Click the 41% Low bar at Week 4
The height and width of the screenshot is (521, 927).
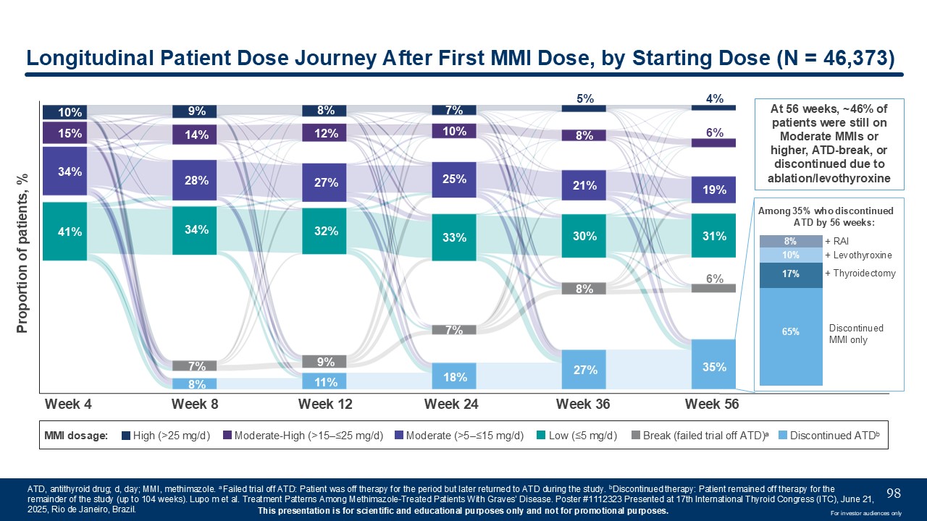(x=64, y=232)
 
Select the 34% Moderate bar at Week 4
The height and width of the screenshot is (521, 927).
(x=64, y=171)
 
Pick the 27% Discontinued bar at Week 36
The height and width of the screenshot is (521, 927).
(x=584, y=369)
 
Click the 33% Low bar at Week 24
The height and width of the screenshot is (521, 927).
(x=454, y=237)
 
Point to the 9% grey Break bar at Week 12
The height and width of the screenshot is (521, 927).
(x=324, y=361)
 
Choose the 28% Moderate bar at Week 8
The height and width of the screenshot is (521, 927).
(x=195, y=180)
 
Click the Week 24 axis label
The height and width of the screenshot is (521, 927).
(x=452, y=404)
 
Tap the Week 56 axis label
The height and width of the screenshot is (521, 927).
(x=712, y=404)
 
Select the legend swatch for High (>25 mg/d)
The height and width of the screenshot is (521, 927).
(x=126, y=436)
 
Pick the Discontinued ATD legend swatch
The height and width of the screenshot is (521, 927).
(x=782, y=436)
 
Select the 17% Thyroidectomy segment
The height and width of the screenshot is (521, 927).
(x=791, y=274)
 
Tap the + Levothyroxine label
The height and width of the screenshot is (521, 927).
(x=858, y=255)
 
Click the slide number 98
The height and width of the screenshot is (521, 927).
(x=894, y=494)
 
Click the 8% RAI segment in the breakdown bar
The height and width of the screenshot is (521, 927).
(x=791, y=241)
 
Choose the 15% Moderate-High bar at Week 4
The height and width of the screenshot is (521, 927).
(x=64, y=133)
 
